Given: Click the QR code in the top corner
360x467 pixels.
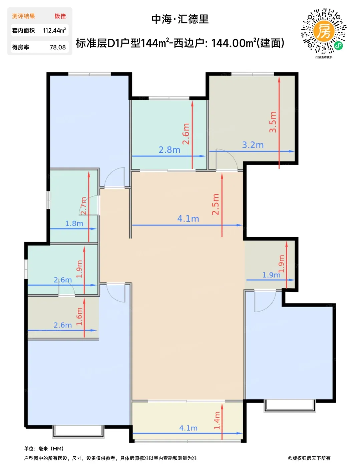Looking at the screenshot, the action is tap(324, 31).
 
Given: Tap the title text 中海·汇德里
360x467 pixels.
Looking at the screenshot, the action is tap(180, 19).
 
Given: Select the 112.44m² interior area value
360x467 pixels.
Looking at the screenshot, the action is tap(54, 30).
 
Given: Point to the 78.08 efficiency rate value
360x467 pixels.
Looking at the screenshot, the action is tap(58, 47).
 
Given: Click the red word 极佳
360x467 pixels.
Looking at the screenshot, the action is tap(60, 16).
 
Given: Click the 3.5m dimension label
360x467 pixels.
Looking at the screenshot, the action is tap(273, 122).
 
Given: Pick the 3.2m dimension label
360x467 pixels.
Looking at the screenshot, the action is tap(253, 145).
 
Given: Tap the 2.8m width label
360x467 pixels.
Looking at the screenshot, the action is tap(169, 150).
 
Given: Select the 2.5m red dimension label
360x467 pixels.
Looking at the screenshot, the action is tap(215, 204).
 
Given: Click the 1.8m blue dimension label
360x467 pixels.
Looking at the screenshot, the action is tap(74, 223).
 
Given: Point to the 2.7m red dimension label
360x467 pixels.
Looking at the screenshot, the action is tap(83, 205).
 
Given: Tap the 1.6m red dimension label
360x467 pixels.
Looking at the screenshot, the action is tap(79, 316).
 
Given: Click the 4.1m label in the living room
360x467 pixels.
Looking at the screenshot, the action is tap(188, 219).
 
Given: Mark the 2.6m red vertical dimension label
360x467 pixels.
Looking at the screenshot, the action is tap(186, 134).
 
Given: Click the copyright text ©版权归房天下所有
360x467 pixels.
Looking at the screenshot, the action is tap(309, 458).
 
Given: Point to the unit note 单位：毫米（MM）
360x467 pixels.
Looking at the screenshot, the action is tap(44, 449).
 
